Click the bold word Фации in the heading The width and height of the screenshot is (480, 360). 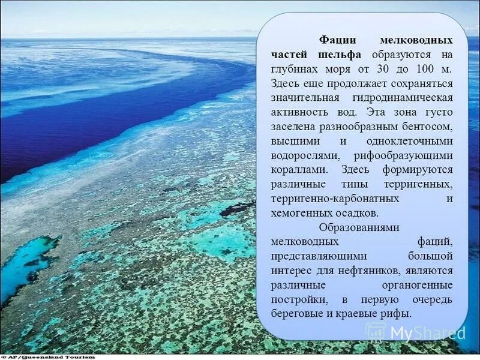click(337, 40)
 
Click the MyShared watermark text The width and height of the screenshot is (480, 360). click(428, 332)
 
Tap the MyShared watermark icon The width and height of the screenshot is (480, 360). click(376, 331)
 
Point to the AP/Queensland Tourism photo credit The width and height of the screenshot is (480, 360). click(48, 356)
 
